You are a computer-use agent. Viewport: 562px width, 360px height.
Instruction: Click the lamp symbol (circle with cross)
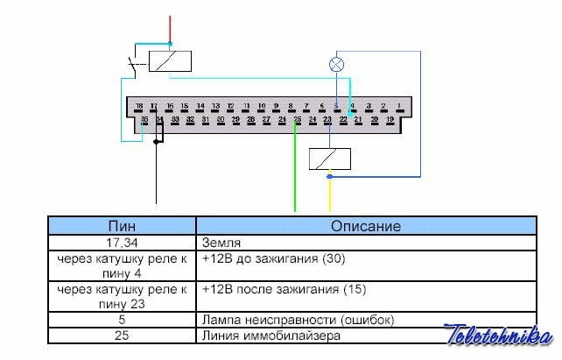point(336,65)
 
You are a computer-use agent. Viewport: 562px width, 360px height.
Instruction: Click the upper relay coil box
point(170,61)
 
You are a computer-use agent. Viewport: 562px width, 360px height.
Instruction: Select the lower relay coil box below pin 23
point(330,159)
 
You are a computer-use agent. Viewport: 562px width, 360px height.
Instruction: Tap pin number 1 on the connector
point(398,106)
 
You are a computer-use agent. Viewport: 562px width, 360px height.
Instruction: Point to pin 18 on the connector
point(138,106)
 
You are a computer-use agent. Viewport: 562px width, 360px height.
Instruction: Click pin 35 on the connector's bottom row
point(144,119)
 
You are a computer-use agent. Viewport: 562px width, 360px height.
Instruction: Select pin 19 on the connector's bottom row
point(390,119)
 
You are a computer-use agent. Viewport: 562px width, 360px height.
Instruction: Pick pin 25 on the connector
point(298,119)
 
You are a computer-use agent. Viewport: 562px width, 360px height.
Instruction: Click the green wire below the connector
point(296,175)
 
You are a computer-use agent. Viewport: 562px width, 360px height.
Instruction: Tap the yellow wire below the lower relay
point(329,194)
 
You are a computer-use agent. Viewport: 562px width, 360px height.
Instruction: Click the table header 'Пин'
point(122,226)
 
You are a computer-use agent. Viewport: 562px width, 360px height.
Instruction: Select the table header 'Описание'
point(365,226)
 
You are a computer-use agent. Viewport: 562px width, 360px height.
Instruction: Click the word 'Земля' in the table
point(220,242)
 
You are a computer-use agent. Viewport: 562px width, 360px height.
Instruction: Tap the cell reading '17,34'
point(122,242)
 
